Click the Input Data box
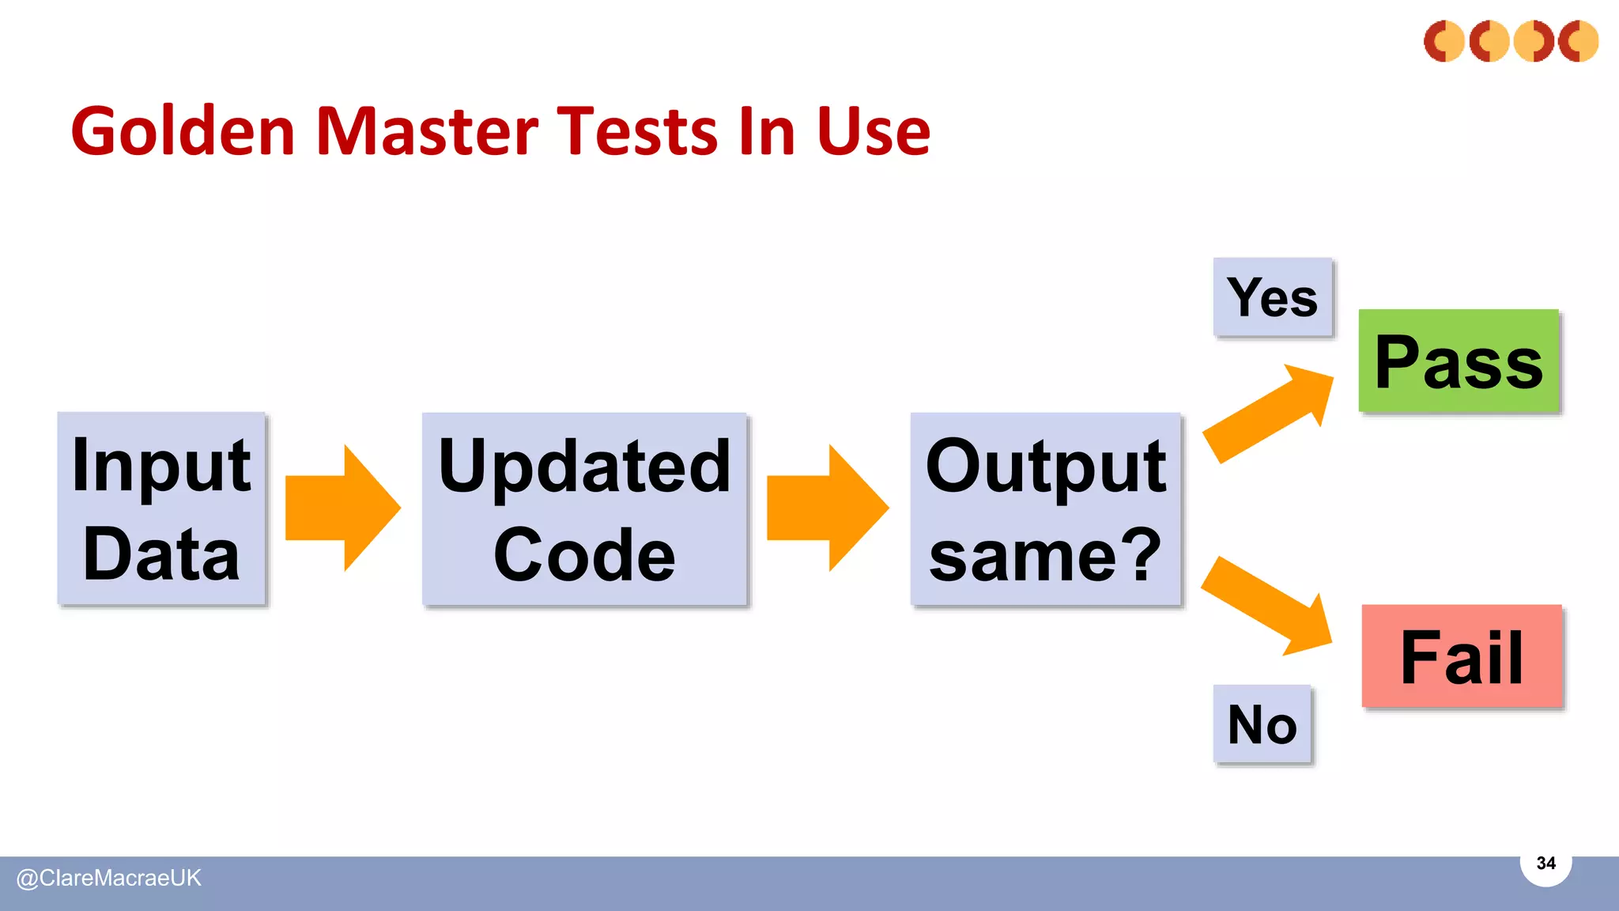point(161,508)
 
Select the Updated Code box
point(584,508)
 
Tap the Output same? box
point(1045,508)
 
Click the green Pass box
point(1459,361)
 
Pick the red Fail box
point(1462,656)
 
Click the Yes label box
point(1273,297)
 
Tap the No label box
point(1262,724)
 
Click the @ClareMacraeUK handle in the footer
point(109,878)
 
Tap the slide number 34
point(1545,863)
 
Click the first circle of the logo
point(1444,41)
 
